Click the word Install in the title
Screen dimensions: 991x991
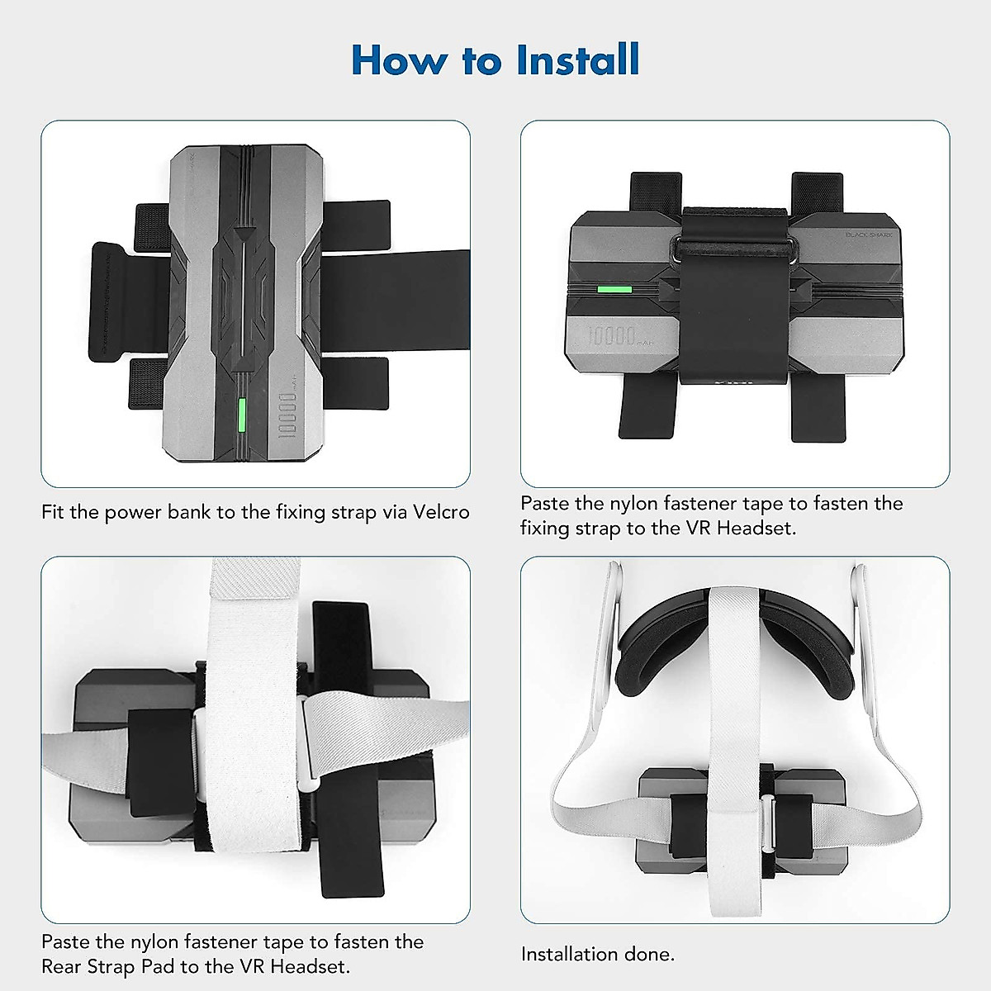click(x=577, y=60)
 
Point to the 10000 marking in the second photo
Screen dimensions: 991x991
click(x=612, y=336)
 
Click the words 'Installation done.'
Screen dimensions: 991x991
click(x=598, y=954)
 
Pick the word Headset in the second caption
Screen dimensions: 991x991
click(x=756, y=528)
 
